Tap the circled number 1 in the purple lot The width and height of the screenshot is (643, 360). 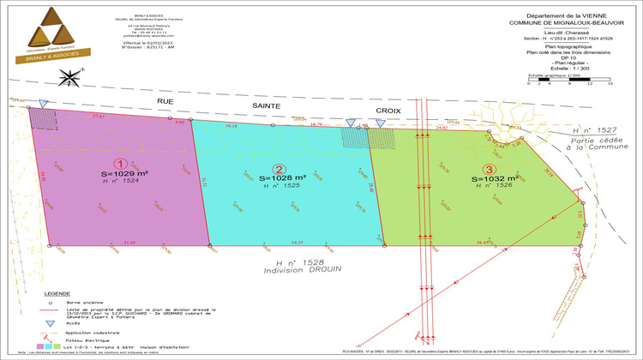(x=121, y=163)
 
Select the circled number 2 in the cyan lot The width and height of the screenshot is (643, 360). (x=278, y=169)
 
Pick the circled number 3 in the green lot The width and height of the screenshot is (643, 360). (x=489, y=170)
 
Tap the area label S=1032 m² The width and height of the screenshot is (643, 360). (x=496, y=179)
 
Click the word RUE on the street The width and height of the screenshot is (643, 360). (x=165, y=101)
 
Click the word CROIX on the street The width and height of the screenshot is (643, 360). (x=388, y=111)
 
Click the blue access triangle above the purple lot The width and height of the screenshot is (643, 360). (x=45, y=103)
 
